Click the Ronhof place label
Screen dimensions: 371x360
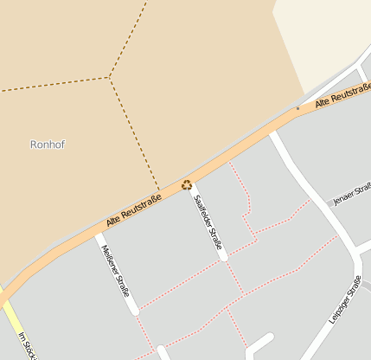(48, 145)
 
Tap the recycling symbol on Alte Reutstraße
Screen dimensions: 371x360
(186, 183)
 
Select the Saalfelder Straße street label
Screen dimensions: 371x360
(208, 222)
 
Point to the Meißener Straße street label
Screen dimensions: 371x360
(116, 270)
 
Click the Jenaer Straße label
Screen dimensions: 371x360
(351, 195)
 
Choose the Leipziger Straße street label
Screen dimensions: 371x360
(344, 300)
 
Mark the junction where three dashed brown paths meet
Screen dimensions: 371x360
(110, 78)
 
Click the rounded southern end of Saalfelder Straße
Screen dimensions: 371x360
(223, 256)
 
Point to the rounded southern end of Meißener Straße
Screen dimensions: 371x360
(134, 311)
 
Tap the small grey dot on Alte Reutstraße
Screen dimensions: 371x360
(297, 109)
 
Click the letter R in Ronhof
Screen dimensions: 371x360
(34, 145)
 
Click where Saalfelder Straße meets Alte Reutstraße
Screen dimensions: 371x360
(189, 183)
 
